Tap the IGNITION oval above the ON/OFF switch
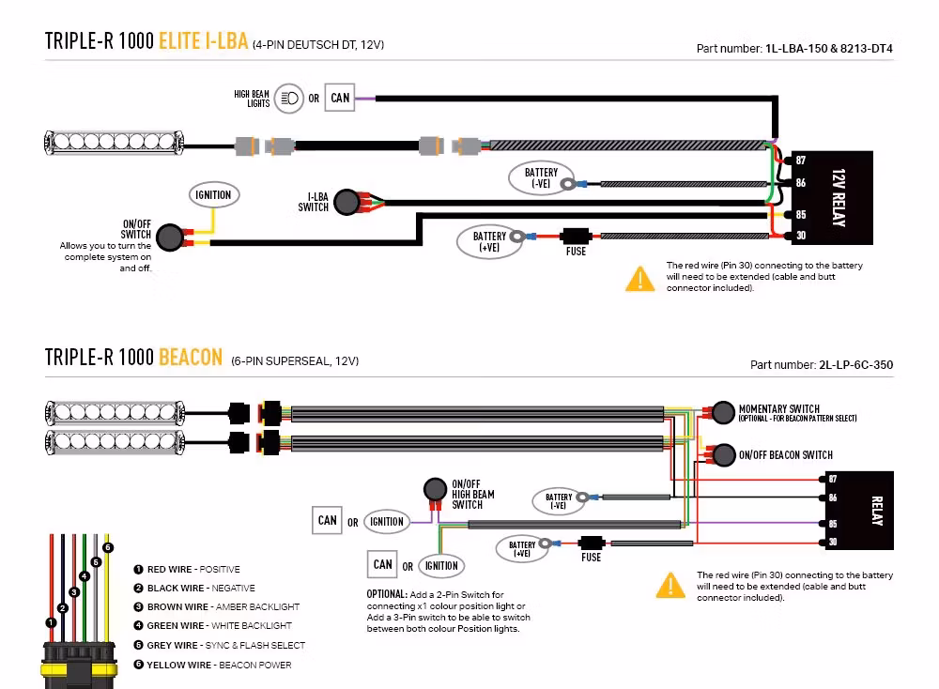coord(213,195)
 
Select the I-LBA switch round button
coord(346,202)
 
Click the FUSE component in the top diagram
coord(575,237)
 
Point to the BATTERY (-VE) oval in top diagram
coord(541,178)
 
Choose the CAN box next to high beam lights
coord(340,98)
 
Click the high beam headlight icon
coord(289,98)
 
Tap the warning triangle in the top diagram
coord(639,278)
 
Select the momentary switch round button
coord(723,413)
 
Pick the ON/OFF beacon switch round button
coord(723,455)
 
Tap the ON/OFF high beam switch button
coord(435,489)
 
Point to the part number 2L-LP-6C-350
coord(854,366)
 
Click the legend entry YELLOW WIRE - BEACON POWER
coord(219,665)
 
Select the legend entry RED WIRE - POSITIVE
coord(193,569)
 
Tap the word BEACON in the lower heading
coord(191,358)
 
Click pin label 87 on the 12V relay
coord(800,161)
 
